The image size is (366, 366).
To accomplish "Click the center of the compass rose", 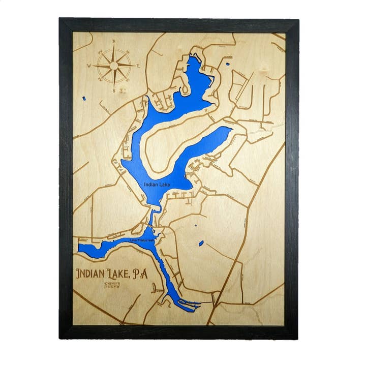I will (114, 66).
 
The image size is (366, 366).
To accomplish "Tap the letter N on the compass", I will (114, 41).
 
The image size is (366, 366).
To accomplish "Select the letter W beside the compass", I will (88, 66).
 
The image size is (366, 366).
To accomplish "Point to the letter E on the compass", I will (138, 65).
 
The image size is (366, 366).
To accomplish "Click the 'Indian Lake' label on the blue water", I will (157, 185).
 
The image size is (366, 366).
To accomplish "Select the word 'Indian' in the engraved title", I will (94, 274).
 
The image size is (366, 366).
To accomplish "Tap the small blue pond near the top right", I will (227, 64).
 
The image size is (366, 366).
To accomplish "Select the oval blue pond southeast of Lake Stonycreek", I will (201, 243).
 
